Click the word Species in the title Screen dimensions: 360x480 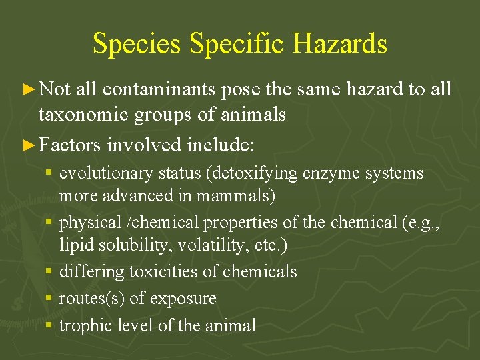point(137,44)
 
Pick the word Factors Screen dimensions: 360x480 point(70,144)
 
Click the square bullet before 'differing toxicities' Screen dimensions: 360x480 point(50,272)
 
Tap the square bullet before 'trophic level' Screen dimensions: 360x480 point(50,326)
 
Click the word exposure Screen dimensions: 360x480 point(183,299)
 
